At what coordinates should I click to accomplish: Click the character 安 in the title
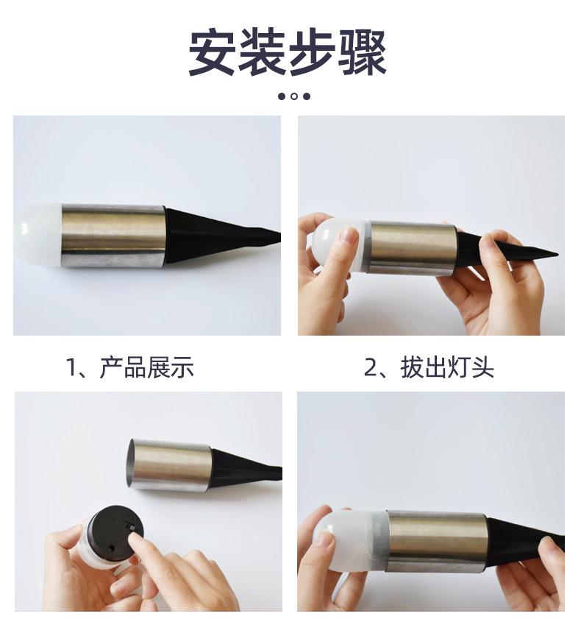pos(213,52)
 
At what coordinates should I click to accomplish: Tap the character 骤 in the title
pos(363,52)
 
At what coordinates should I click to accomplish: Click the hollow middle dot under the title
pos(294,96)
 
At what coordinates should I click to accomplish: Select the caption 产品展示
pos(147,367)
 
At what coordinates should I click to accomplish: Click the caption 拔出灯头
pos(447,367)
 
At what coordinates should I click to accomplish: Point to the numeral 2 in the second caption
pos(371,367)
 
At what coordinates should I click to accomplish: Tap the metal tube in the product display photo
pos(113,236)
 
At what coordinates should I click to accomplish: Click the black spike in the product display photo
pos(221,236)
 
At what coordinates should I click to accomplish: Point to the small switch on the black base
pos(129,525)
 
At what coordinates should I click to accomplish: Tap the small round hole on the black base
pos(112,549)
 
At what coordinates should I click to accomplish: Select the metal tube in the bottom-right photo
pos(436,541)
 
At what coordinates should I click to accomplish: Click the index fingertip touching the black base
pos(136,541)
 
